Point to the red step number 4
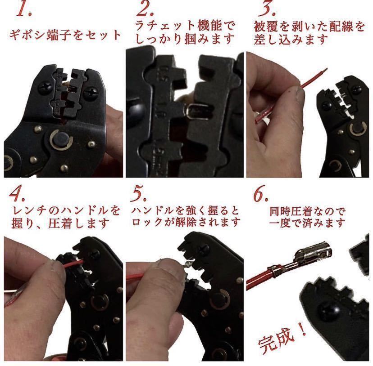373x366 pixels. pyautogui.click(x=17, y=194)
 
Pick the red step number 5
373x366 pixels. pyautogui.click(x=138, y=194)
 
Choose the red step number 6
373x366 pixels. pyautogui.click(x=261, y=194)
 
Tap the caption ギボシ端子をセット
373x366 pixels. pyautogui.click(x=65, y=35)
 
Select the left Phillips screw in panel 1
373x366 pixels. pyautogui.click(x=45, y=88)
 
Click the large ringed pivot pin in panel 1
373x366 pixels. pyautogui.click(x=61, y=140)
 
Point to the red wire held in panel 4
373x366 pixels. pyautogui.click(x=73, y=264)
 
